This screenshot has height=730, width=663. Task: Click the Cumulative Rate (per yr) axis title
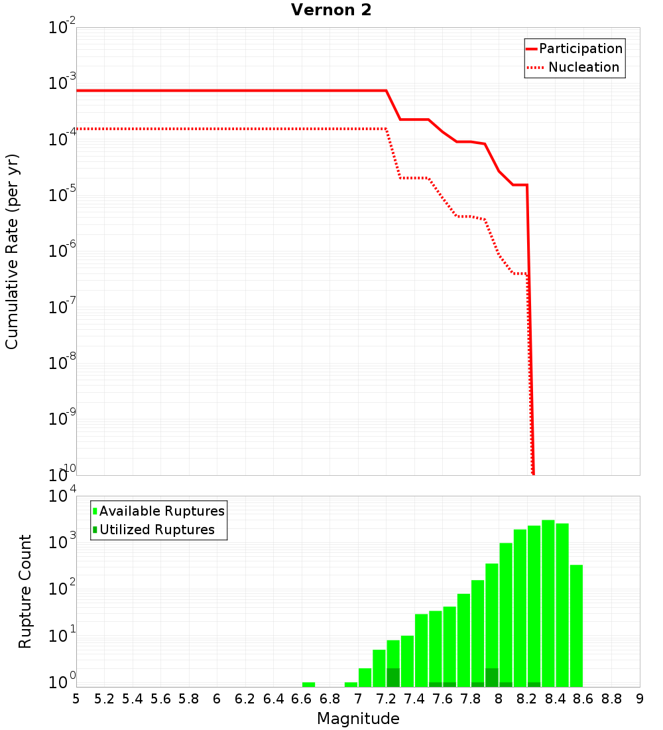12,252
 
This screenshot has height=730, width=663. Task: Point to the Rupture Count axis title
25,591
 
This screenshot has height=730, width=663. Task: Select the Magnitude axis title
358,719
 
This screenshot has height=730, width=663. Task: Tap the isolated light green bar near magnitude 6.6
308,684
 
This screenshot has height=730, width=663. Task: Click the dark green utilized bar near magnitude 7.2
393,678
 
